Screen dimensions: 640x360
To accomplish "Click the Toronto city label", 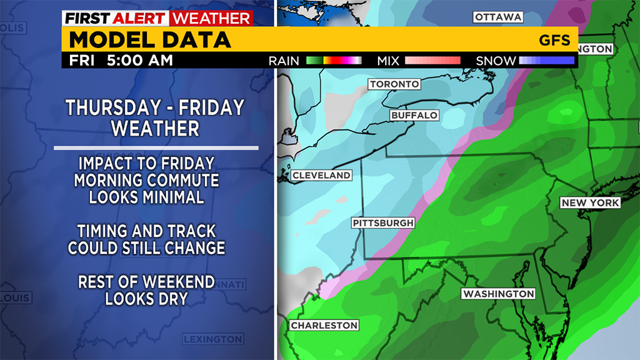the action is point(394,84).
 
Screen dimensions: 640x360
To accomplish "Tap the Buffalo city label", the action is point(414,116).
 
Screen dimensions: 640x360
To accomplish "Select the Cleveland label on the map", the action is point(321,176).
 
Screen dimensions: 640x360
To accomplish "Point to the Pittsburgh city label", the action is point(383,223).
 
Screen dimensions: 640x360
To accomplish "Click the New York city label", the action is point(590,203).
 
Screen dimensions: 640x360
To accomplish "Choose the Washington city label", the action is point(498,294).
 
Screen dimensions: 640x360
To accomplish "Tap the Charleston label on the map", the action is point(324,326).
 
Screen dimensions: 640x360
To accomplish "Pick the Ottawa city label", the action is point(497,17).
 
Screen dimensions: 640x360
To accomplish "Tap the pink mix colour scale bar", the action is point(432,61).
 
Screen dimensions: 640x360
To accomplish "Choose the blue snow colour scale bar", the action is point(546,61).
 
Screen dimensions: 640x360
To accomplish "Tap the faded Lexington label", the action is point(212,339).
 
